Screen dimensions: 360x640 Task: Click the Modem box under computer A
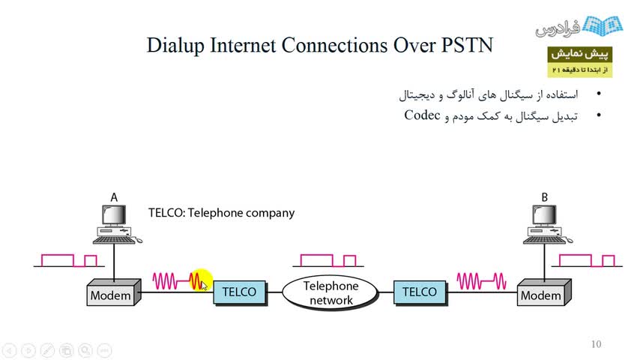(112, 294)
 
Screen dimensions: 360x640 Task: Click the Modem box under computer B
(542, 294)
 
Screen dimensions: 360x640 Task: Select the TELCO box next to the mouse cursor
(240, 292)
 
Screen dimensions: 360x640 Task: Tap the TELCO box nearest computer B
(420, 292)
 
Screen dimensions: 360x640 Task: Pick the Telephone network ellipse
(330, 292)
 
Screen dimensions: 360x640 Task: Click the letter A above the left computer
(114, 197)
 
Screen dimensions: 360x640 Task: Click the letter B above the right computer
(545, 197)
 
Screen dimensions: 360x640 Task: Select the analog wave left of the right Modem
(480, 281)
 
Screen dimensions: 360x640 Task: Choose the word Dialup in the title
(177, 45)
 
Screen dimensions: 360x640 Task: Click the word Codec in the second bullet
(420, 115)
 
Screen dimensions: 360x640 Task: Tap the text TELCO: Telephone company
(221, 213)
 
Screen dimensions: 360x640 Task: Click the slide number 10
(596, 344)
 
